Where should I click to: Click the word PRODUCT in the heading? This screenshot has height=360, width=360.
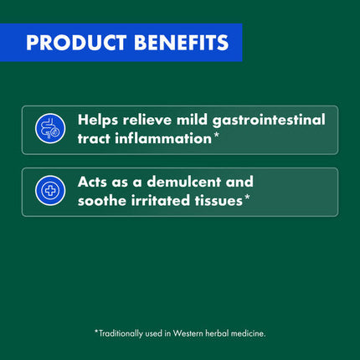point(76,43)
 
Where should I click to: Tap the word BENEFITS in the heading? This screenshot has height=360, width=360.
point(182,43)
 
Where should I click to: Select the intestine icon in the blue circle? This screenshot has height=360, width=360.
point(50,128)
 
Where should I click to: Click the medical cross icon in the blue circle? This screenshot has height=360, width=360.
point(50,191)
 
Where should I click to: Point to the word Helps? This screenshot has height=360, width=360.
point(98,121)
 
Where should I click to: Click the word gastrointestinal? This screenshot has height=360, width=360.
point(269,121)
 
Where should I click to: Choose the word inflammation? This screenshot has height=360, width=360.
point(163,139)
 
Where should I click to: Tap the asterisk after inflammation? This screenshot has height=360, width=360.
point(216,136)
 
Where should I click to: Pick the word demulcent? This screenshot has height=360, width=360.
point(184,182)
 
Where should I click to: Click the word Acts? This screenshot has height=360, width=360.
point(93,182)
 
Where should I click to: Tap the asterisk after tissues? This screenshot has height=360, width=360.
point(247,198)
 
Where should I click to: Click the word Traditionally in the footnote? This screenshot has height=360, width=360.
point(121,334)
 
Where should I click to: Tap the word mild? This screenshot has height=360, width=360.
point(193,121)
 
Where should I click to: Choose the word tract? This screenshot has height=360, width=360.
point(94,139)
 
